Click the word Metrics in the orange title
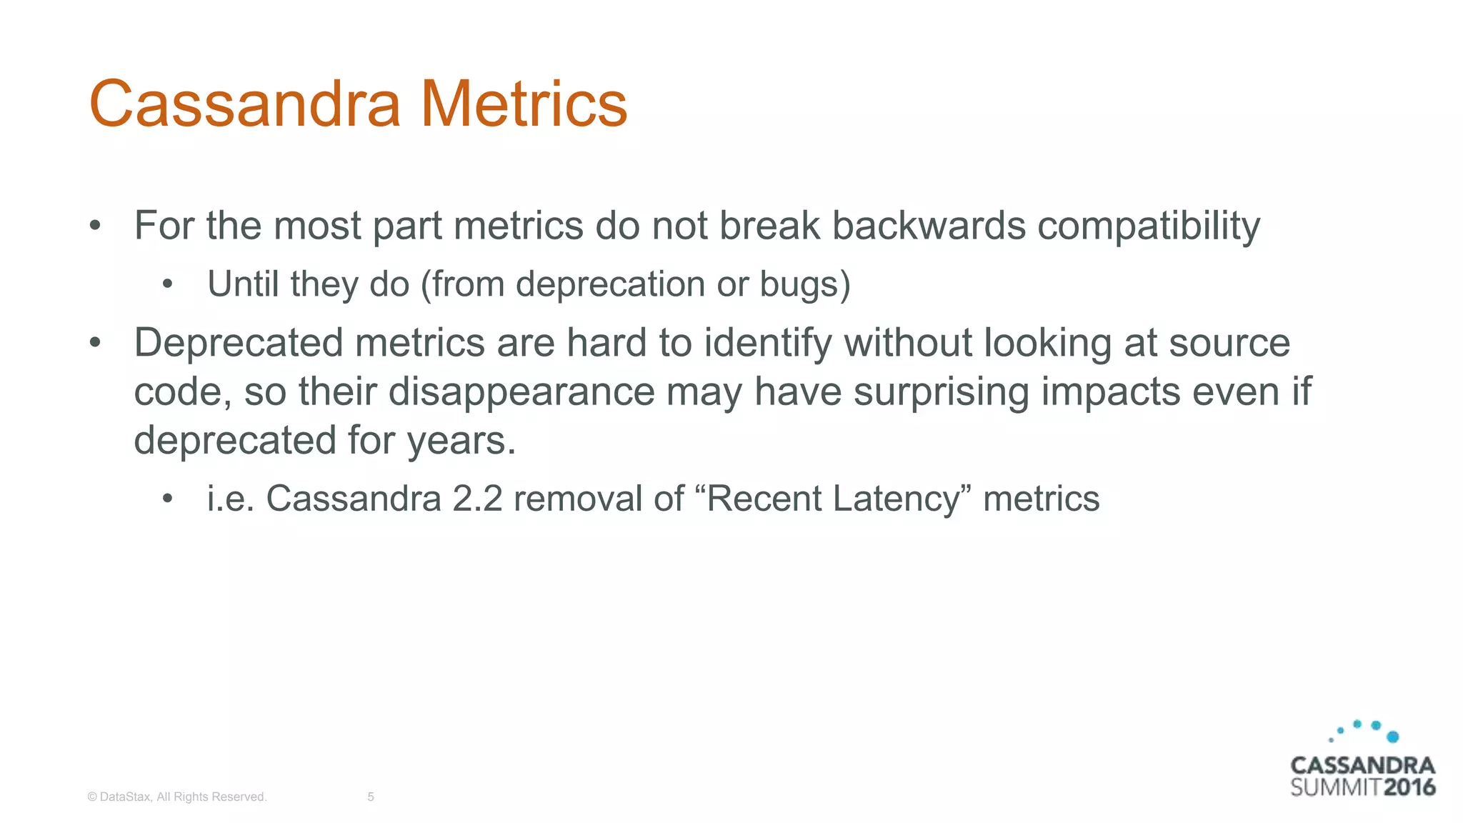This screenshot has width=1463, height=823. (x=524, y=104)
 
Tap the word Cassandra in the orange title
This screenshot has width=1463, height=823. (x=245, y=104)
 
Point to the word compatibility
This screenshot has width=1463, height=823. (x=1149, y=227)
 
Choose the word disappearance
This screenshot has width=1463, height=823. (x=521, y=392)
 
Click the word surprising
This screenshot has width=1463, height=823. (x=941, y=392)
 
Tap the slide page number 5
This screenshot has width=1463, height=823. (x=371, y=797)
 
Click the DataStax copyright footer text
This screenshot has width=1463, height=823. (x=177, y=797)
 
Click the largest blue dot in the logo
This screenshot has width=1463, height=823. (x=1392, y=737)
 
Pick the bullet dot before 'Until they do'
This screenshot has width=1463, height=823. (x=168, y=284)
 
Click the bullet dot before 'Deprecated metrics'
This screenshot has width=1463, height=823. (x=95, y=343)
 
